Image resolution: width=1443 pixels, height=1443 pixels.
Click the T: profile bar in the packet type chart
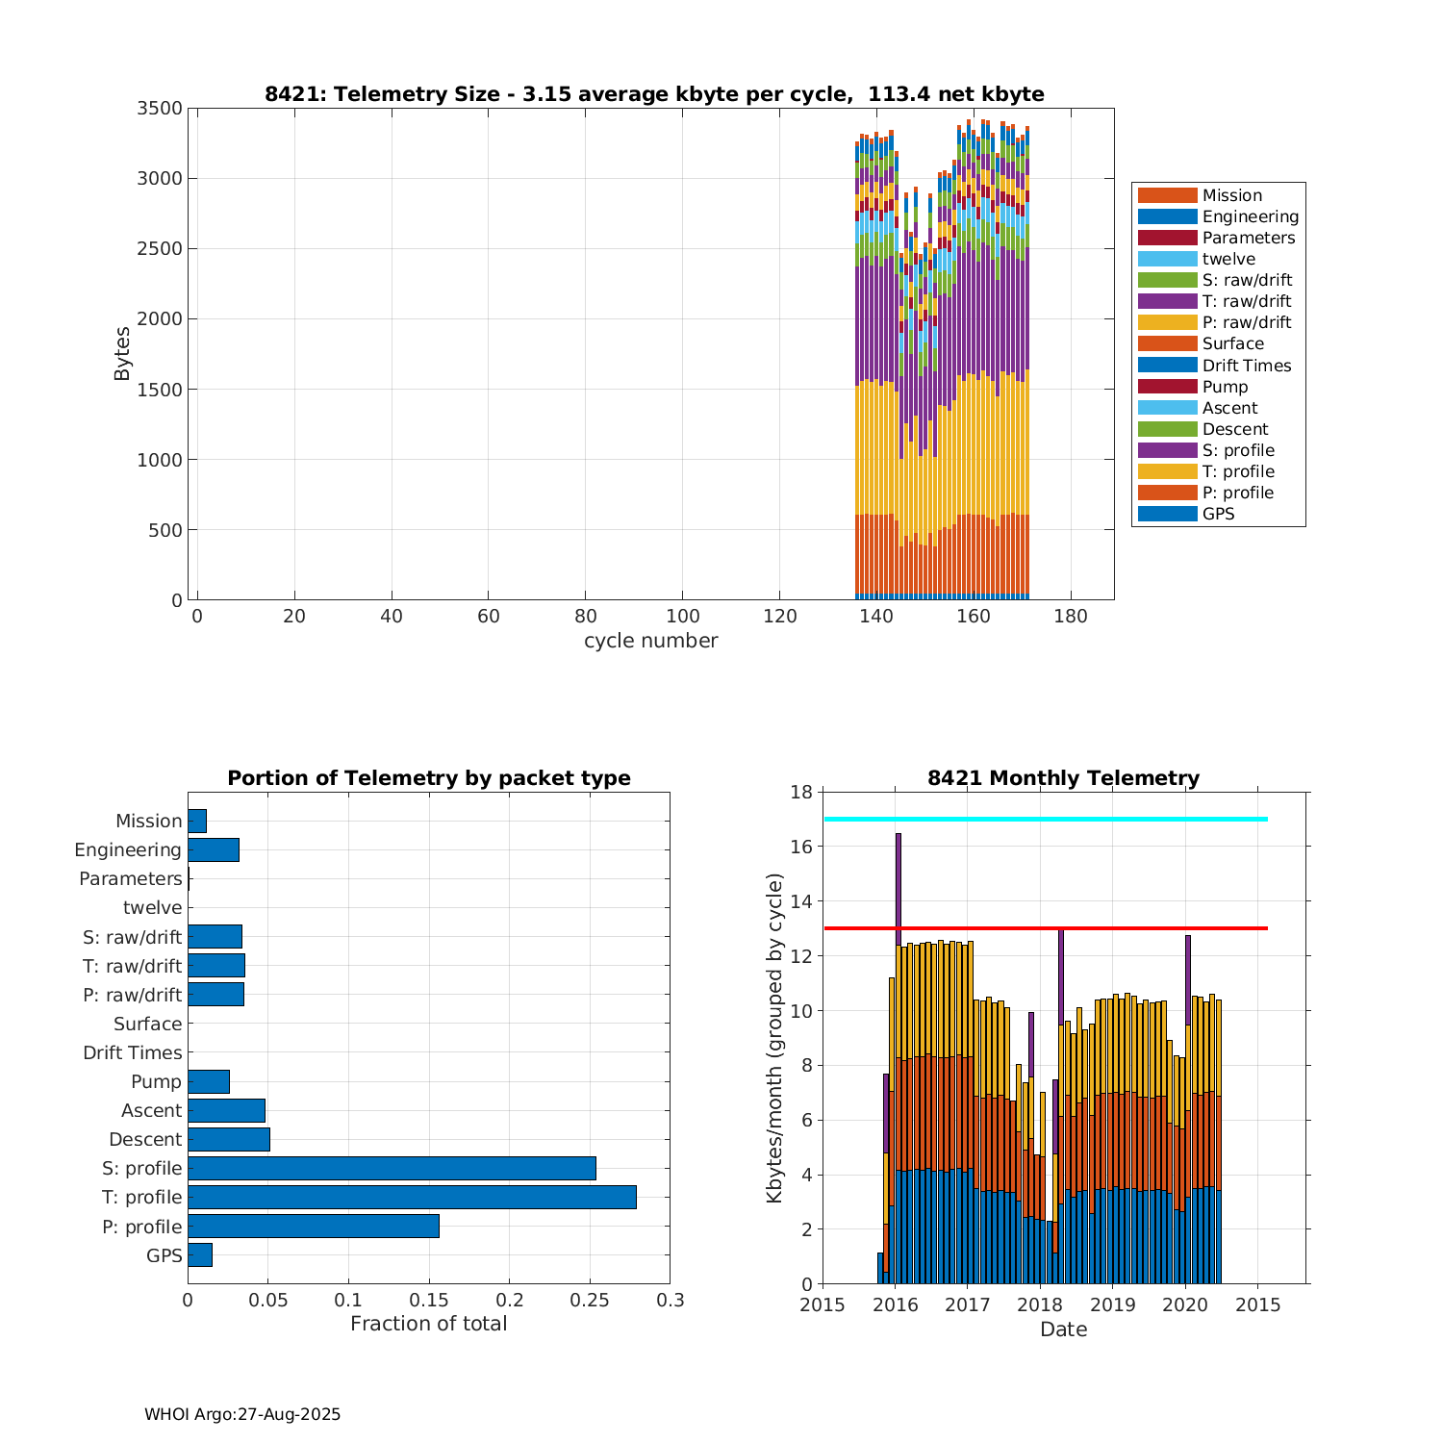click(412, 1197)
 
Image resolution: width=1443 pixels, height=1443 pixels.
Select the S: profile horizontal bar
click(392, 1168)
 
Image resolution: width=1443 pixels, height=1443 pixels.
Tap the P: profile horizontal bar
click(314, 1226)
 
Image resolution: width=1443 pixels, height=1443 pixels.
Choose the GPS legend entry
click(1218, 514)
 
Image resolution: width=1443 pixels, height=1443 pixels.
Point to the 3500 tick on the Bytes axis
click(160, 109)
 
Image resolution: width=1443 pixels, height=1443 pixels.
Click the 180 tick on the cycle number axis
click(1071, 617)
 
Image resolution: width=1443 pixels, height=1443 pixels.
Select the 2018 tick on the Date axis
click(1040, 1305)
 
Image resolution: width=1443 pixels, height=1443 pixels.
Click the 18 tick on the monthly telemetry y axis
click(800, 792)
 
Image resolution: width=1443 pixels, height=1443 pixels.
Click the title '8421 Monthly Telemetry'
click(1063, 778)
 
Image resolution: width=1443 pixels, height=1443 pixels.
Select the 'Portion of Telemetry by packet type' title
click(429, 778)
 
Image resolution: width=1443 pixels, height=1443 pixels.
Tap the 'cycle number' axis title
click(650, 641)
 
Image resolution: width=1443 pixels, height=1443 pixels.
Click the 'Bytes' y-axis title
click(122, 354)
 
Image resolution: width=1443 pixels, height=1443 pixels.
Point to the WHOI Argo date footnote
click(242, 1414)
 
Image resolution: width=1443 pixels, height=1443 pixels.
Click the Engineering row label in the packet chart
click(128, 850)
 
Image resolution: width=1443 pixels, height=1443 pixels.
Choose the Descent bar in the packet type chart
click(229, 1139)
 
